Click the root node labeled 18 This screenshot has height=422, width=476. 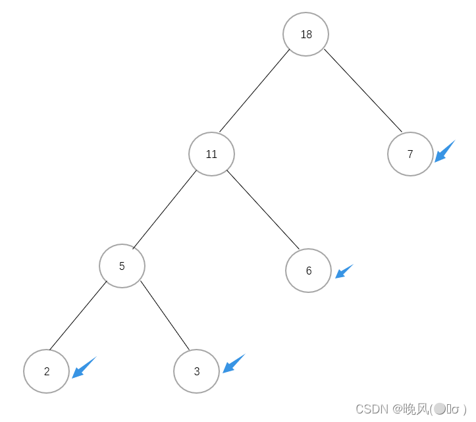[305, 34]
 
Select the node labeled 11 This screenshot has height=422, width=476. [211, 154]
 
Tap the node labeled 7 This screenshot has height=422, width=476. [410, 154]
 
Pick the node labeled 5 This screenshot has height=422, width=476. [122, 266]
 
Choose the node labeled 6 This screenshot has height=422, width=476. [308, 271]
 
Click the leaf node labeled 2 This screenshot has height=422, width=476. [46, 371]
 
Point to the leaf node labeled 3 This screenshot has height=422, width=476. [196, 371]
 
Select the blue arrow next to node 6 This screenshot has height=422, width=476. [344, 271]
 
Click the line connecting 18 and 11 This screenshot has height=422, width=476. [255, 90]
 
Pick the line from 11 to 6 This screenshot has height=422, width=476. [263, 210]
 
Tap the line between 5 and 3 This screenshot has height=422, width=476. [165, 315]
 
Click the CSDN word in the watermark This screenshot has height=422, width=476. [371, 409]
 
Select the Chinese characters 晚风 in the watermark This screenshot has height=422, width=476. [415, 409]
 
